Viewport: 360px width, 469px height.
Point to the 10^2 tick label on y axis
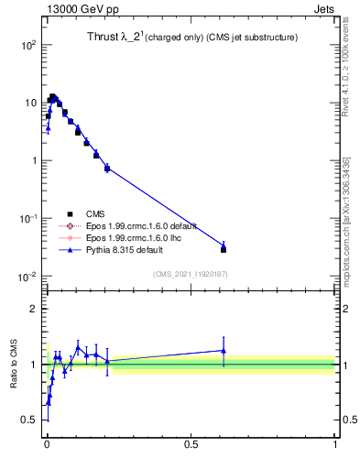click(x=27, y=44)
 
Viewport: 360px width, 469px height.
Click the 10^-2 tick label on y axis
click(x=27, y=277)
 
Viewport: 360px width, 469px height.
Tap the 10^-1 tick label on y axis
click(x=27, y=219)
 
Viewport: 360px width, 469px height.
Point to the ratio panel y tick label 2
click(x=33, y=309)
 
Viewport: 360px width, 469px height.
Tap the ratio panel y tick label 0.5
click(x=29, y=420)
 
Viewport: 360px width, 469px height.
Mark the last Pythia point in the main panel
click(x=224, y=245)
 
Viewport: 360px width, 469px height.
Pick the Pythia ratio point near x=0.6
click(x=224, y=350)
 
